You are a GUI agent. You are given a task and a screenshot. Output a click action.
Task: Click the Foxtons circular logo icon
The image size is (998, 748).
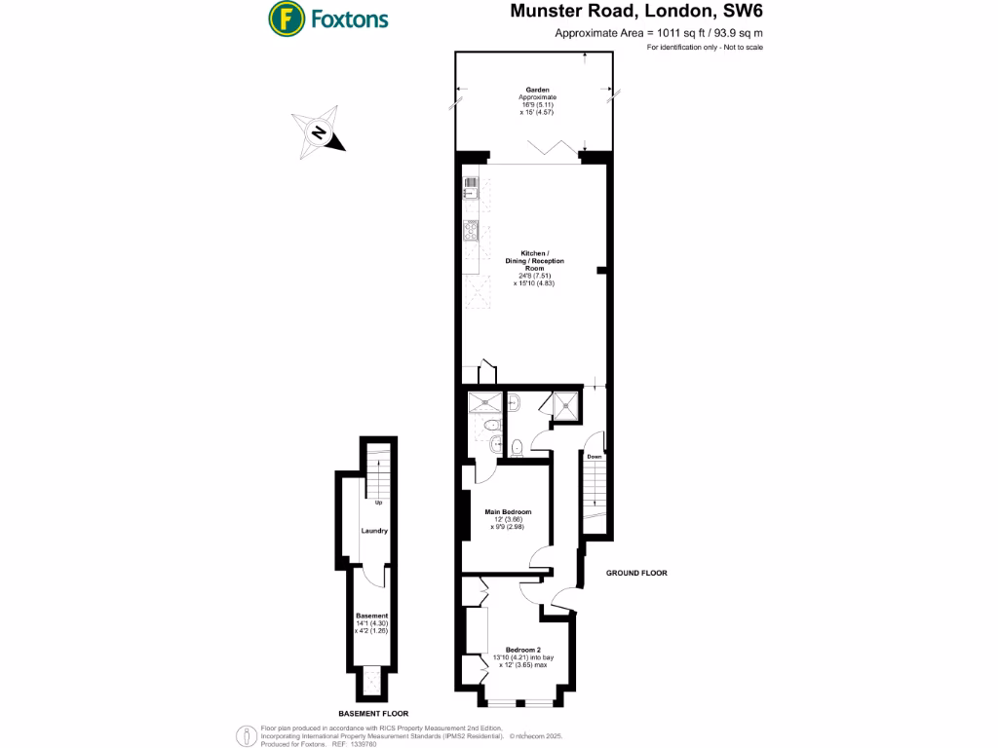coord(284,18)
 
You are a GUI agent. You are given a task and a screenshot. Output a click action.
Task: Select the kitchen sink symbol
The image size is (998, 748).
coord(471,188)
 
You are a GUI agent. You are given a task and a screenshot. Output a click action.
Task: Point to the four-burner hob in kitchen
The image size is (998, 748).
coord(471,231)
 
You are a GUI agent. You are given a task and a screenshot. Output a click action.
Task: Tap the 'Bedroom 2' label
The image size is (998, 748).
coord(522,650)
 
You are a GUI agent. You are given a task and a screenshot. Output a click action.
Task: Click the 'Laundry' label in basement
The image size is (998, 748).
coord(374,531)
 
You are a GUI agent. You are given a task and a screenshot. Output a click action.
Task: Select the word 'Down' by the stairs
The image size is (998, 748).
coord(594,456)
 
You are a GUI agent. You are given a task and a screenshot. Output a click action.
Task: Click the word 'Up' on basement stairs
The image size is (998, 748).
coord(376,504)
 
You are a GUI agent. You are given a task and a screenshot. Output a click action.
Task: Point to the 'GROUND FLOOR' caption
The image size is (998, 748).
coord(636,574)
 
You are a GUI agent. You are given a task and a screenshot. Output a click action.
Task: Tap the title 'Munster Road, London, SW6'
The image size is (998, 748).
coord(637,13)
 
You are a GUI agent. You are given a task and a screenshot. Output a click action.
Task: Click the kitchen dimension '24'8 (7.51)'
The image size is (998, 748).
coord(535,277)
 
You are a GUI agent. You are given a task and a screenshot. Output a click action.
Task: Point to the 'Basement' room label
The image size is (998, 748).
coord(371,616)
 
